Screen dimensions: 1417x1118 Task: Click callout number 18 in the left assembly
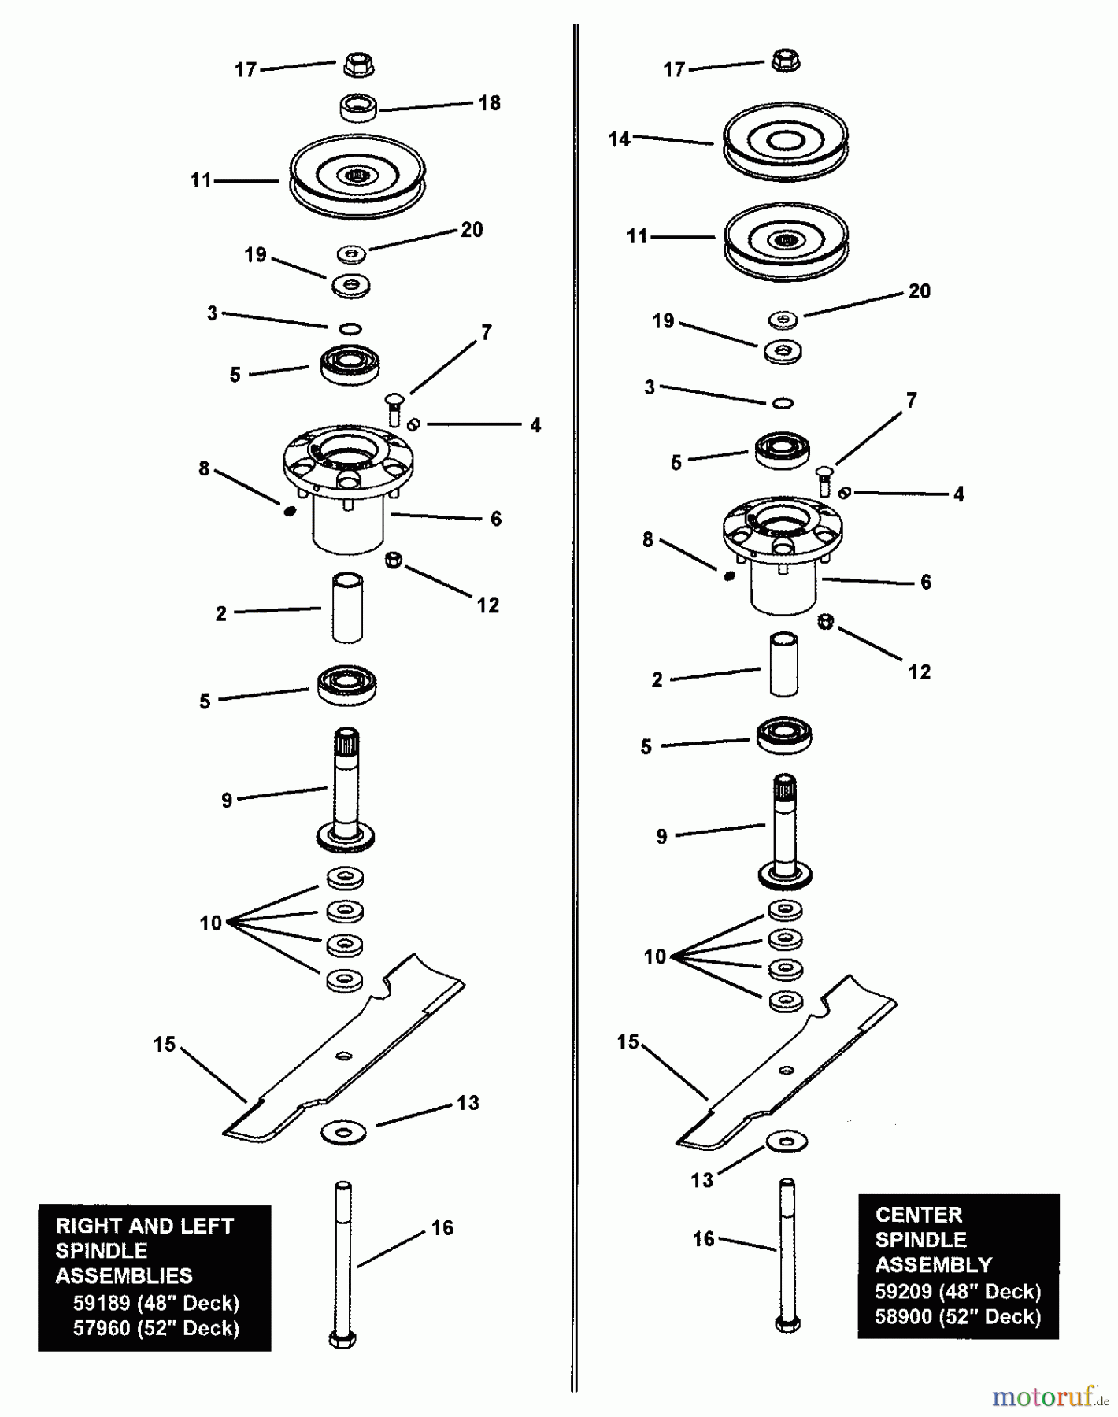(489, 103)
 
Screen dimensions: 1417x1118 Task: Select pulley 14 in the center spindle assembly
(785, 142)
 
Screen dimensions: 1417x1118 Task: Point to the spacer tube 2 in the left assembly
(347, 609)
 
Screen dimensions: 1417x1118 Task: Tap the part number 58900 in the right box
(903, 1316)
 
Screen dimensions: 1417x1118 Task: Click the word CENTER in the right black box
(918, 1215)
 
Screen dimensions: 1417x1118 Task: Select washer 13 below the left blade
(343, 1134)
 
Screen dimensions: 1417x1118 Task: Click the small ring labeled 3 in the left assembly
(350, 328)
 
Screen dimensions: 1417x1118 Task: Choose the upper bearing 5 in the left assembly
(350, 364)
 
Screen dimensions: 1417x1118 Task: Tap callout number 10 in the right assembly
(654, 956)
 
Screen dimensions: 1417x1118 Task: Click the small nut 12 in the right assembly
(825, 622)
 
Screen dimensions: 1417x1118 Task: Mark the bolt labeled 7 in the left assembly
(394, 409)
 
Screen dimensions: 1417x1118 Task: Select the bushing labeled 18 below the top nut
(359, 108)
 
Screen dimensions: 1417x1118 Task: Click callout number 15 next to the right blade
(627, 1041)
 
